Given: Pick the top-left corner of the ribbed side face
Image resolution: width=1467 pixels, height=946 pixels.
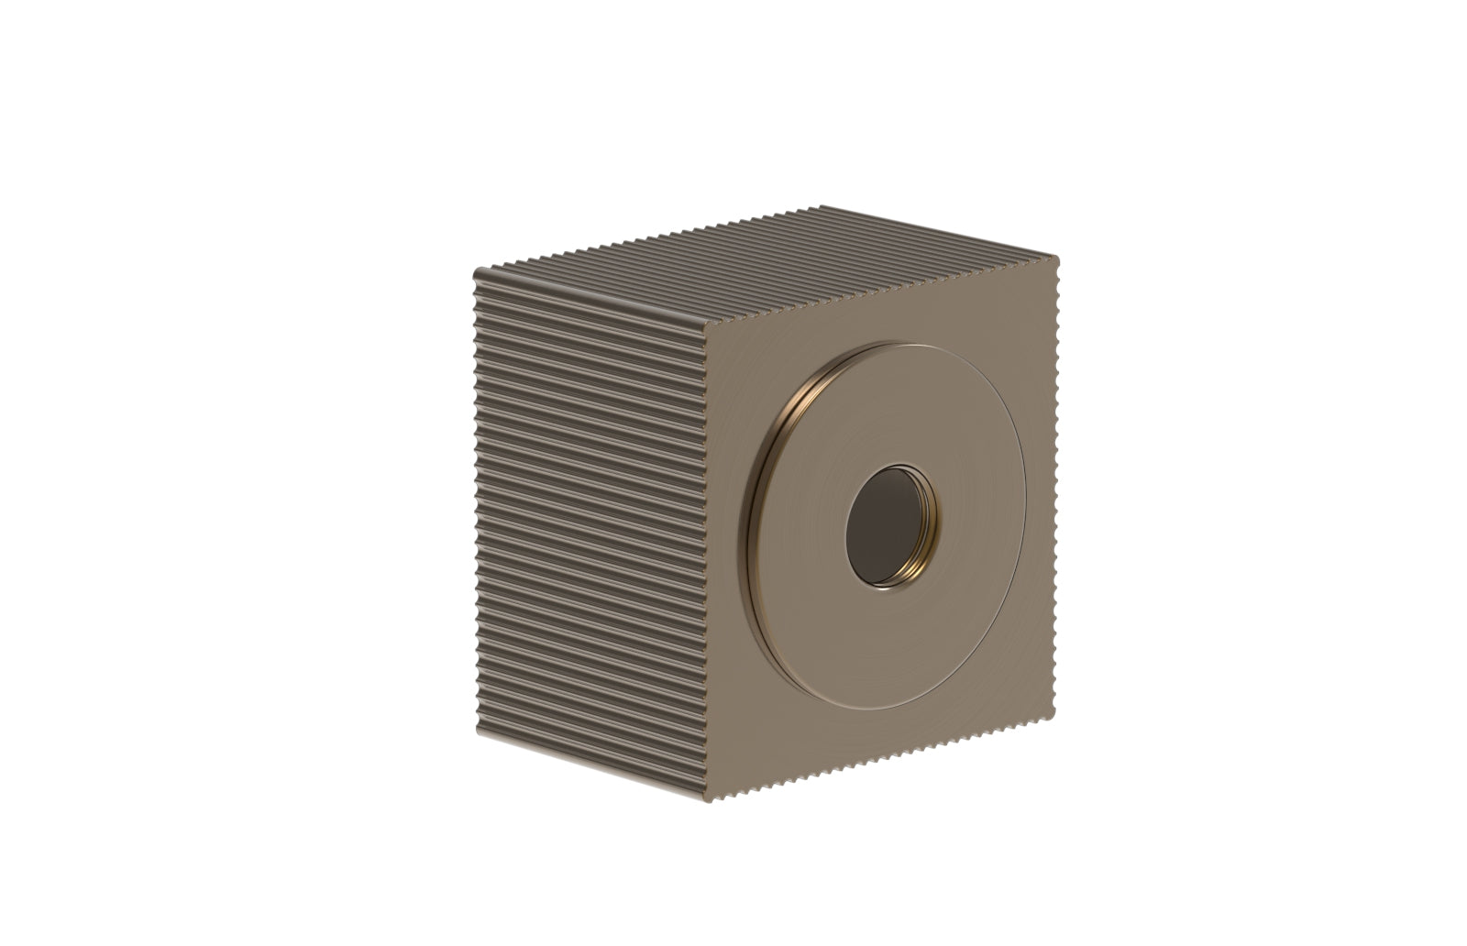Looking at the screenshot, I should click(477, 271).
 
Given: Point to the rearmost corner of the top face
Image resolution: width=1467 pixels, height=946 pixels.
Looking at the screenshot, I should click(822, 208).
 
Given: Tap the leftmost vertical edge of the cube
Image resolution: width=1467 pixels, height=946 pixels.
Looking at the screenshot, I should click(476, 504).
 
